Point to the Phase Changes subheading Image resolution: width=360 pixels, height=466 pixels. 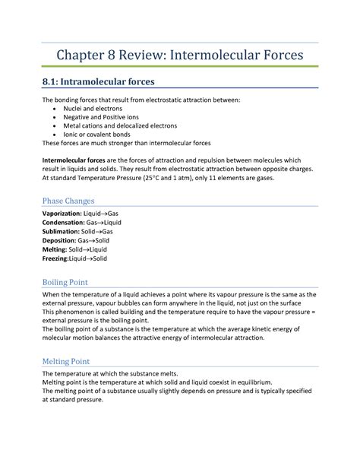68,201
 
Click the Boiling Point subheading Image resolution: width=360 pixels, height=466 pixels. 68,281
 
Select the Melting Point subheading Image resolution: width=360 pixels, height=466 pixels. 68,361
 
